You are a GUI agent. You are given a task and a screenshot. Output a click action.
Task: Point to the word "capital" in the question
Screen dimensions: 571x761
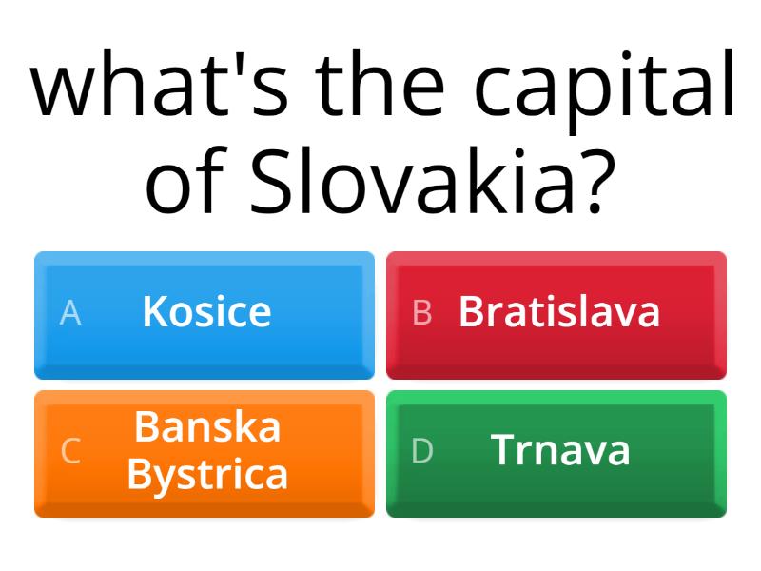click(604, 90)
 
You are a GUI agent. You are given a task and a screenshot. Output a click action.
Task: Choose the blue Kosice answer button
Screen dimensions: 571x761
click(205, 314)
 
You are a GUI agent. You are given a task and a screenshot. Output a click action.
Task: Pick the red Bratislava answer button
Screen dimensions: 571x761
click(556, 314)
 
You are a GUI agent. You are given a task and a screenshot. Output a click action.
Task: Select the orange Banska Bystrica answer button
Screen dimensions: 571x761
click(205, 453)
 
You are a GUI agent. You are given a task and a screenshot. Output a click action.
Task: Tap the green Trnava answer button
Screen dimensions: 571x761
click(556, 453)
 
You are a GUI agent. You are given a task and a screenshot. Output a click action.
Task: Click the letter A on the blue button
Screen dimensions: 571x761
click(69, 312)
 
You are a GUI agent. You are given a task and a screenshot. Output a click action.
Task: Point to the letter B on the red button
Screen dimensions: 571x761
click(421, 312)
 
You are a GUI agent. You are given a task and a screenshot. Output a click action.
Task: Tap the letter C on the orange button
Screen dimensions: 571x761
click(69, 451)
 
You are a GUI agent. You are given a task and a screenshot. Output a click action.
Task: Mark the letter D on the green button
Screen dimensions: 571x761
click(421, 451)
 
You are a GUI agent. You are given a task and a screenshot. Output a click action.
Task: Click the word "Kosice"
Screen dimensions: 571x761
click(206, 311)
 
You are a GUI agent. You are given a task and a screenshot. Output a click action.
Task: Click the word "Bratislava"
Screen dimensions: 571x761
click(559, 311)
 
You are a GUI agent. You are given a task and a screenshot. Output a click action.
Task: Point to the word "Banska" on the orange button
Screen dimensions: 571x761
click(207, 427)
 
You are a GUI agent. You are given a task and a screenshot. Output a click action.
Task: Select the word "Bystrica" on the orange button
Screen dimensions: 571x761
click(207, 474)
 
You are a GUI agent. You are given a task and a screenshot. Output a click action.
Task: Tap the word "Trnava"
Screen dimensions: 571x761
click(560, 450)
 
